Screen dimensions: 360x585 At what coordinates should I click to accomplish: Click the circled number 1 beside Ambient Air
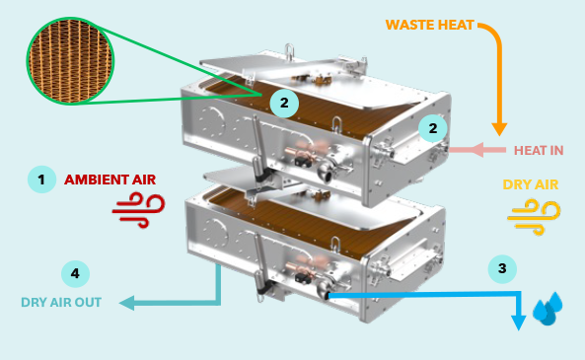point(40,179)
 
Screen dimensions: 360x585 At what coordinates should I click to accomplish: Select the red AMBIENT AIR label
point(110,180)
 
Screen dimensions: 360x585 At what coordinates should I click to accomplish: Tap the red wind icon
point(130,211)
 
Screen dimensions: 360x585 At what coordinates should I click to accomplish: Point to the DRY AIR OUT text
point(61,301)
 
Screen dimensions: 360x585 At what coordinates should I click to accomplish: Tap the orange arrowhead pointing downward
point(499,128)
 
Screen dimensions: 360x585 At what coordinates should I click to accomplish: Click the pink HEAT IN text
point(539,150)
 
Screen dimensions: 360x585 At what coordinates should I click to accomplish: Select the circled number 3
point(502,267)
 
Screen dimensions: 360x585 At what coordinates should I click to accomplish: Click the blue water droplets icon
point(547,308)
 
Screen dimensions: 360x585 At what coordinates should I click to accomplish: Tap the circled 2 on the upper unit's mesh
point(283,102)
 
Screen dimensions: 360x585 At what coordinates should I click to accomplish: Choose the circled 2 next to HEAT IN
point(431,127)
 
